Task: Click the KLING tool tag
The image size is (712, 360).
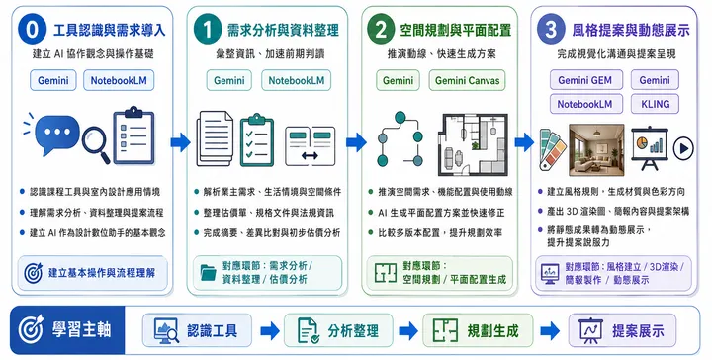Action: click(655, 104)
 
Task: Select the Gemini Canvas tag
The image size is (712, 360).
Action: click(467, 81)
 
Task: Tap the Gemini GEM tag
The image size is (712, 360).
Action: click(584, 80)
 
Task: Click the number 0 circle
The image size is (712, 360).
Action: click(33, 30)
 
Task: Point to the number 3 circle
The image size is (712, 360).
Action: click(551, 30)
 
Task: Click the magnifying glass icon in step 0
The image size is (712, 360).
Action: click(96, 144)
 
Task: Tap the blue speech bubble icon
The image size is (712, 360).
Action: click(56, 135)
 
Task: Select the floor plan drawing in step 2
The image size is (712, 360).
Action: click(473, 144)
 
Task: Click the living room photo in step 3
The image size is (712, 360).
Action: click(596, 149)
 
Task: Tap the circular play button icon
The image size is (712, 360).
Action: click(683, 148)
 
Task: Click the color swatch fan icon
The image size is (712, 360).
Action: click(552, 149)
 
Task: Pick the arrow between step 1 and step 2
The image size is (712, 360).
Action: click(356, 142)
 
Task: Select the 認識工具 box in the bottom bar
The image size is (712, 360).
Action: click(197, 330)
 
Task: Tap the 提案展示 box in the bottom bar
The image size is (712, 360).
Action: click(622, 330)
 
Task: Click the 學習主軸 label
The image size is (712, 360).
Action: click(81, 329)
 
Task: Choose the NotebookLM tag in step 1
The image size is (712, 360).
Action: click(296, 81)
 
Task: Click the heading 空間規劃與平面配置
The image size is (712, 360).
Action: click(456, 30)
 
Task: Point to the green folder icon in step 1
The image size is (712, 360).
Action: click(209, 272)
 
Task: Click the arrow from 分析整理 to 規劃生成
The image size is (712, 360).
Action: click(408, 331)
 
